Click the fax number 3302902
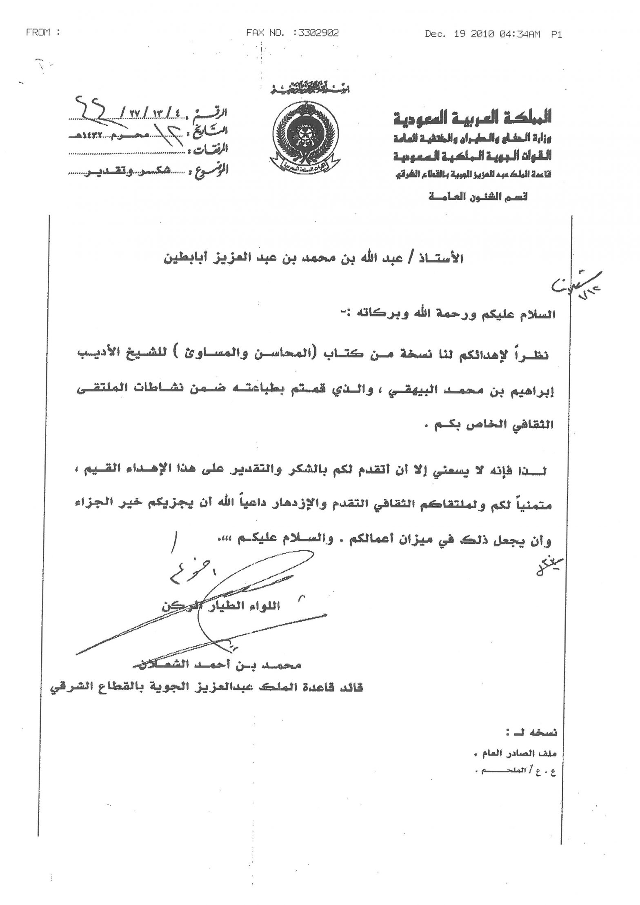coord(318,33)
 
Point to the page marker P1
coord(556,35)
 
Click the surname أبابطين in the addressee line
coord(185,259)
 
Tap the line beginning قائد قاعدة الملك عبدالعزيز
coord(206,688)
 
